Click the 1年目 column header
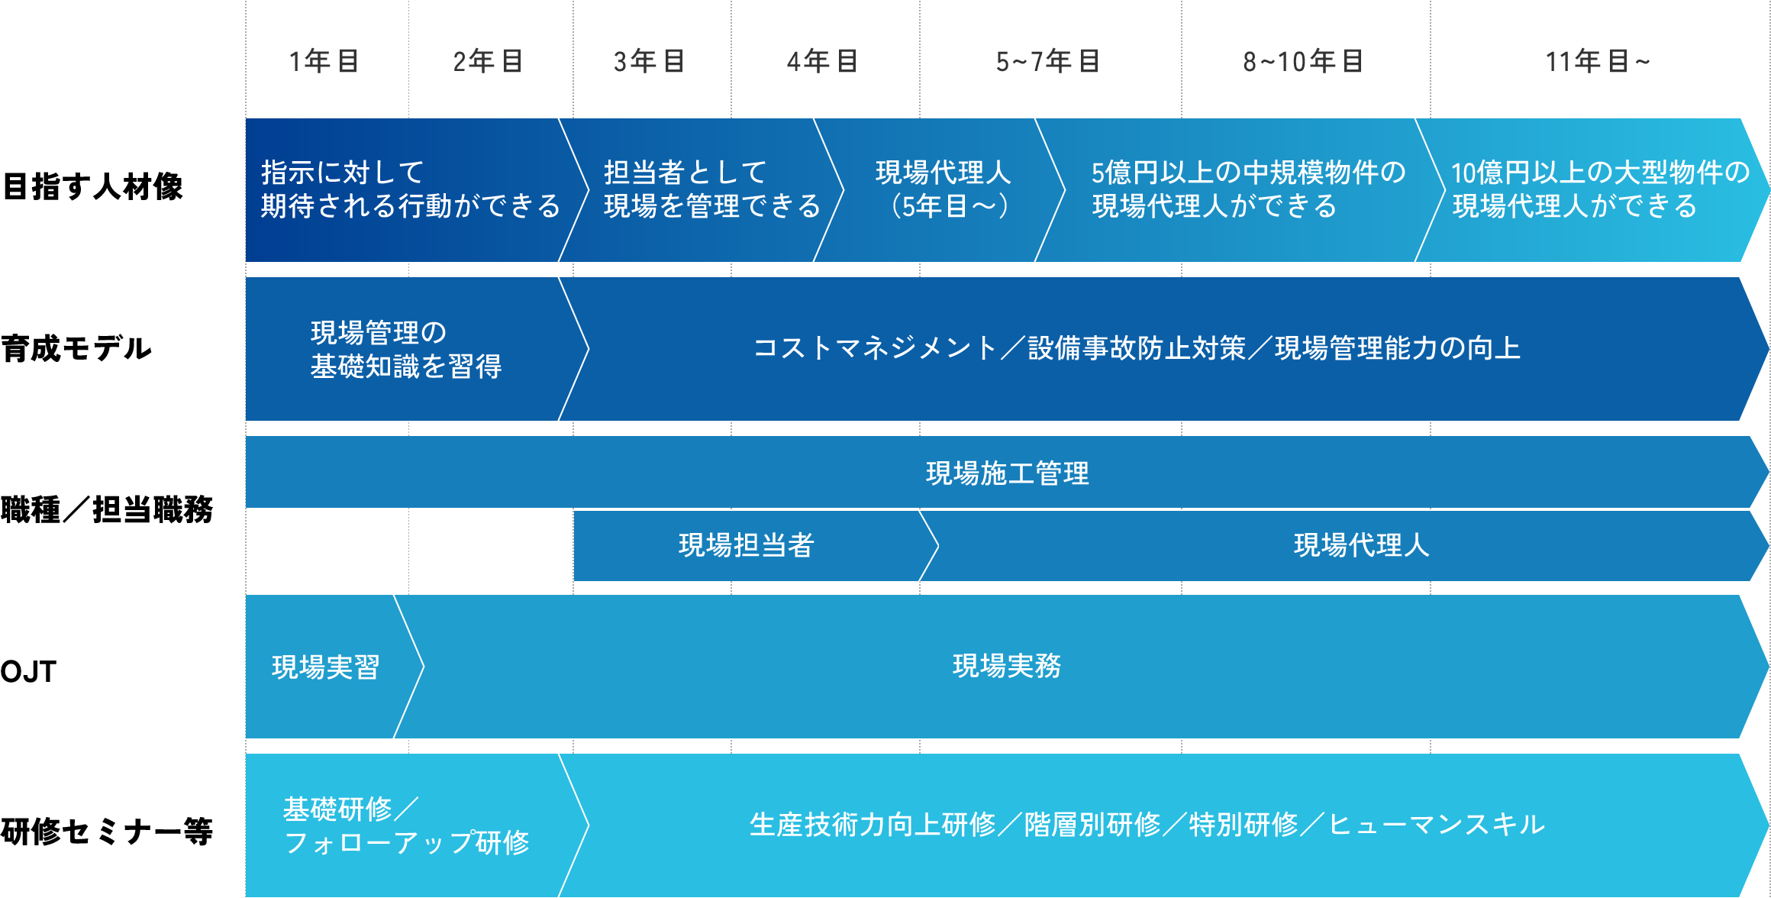[x=324, y=61]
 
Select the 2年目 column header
[x=488, y=61]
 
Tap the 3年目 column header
[x=649, y=61]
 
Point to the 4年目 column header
[x=822, y=61]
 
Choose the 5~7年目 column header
[x=1047, y=61]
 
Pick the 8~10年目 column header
[x=1302, y=61]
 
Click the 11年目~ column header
[x=1597, y=61]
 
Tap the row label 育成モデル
[x=76, y=349]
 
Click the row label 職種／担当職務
[x=107, y=509]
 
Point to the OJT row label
[x=29, y=672]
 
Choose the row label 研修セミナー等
[x=107, y=832]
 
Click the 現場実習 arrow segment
[x=326, y=667]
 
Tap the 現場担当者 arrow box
[x=747, y=545]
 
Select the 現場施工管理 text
[x=1007, y=473]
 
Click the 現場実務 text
[x=1007, y=666]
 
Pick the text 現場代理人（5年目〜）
[x=944, y=189]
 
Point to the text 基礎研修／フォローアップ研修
[x=405, y=825]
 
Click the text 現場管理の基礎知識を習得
[x=405, y=350]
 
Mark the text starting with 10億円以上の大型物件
[x=1599, y=189]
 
